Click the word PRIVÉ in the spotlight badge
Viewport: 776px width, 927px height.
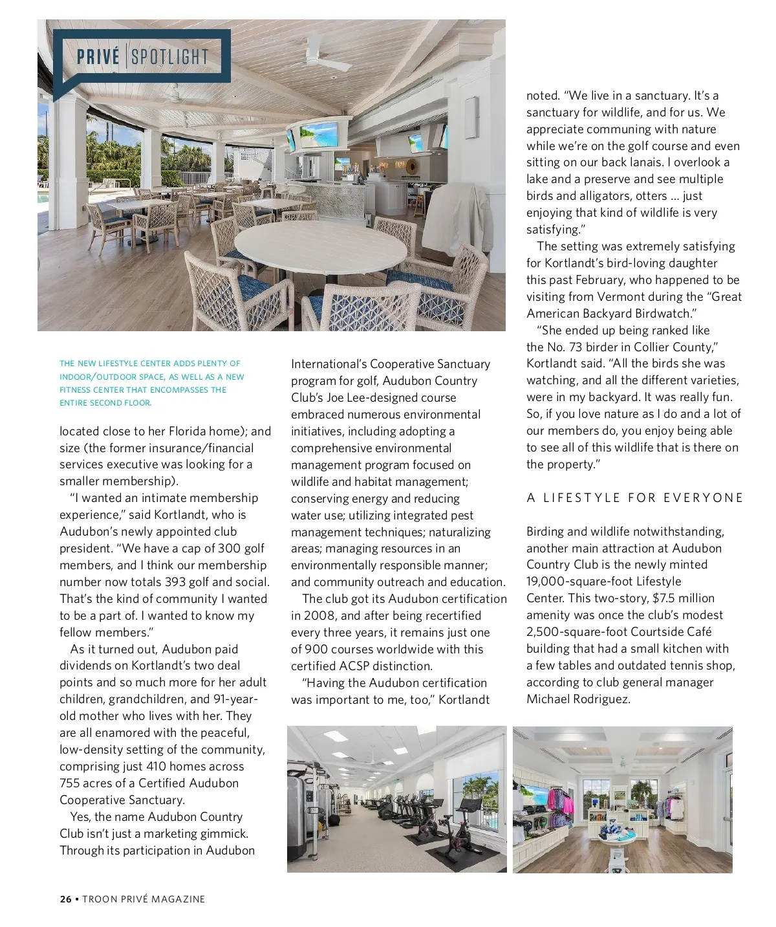[x=98, y=57]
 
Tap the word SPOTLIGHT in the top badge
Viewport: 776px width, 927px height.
[x=170, y=57]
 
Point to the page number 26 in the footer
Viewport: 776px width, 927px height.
[x=65, y=899]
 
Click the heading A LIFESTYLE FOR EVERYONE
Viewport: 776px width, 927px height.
[x=634, y=498]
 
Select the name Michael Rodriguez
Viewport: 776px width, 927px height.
[x=578, y=699]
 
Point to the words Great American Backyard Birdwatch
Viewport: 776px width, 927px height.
[x=634, y=305]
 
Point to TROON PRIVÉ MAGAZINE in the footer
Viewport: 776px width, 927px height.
[x=144, y=899]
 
